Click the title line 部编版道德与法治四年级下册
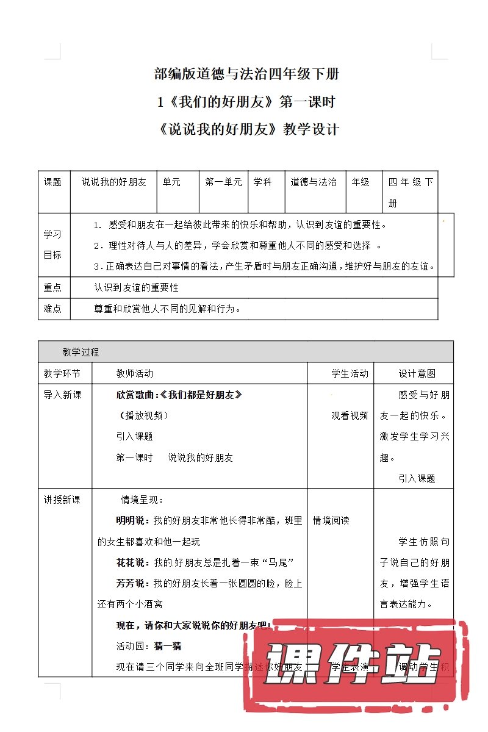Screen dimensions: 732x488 (x=247, y=74)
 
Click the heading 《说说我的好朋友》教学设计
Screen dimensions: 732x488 (x=247, y=129)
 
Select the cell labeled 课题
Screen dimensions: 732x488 (x=53, y=182)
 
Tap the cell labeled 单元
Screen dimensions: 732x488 (x=171, y=182)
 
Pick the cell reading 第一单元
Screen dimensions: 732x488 (x=223, y=182)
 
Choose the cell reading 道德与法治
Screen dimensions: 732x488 (x=314, y=182)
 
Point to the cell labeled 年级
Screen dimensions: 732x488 (x=361, y=182)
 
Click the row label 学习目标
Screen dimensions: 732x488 (x=53, y=245)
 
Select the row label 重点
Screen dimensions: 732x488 (x=53, y=287)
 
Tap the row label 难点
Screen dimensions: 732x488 (x=53, y=309)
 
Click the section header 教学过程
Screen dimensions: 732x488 (x=81, y=352)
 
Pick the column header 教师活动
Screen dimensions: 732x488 (x=135, y=373)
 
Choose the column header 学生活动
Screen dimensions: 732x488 (x=350, y=373)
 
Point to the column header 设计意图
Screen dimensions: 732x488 (x=417, y=373)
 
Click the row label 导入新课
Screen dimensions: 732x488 (x=62, y=395)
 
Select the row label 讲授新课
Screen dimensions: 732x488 (x=62, y=500)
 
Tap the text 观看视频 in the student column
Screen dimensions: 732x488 (x=350, y=415)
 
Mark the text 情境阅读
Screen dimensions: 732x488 (x=331, y=520)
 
